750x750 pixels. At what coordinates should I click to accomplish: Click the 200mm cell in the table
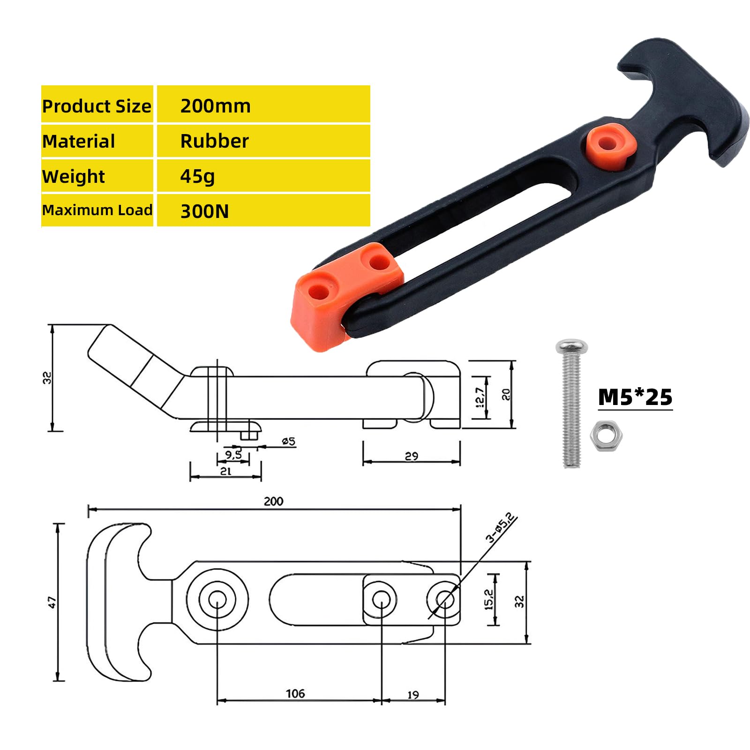click(x=216, y=106)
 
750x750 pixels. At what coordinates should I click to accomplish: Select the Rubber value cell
click(x=215, y=141)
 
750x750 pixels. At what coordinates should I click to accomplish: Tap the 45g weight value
click(x=197, y=176)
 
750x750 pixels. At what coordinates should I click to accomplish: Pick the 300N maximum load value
click(x=204, y=211)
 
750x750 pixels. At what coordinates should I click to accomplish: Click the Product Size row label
click(x=97, y=106)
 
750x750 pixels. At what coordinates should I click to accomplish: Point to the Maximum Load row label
click(x=97, y=210)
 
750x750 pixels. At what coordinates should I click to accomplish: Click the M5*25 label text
click(x=635, y=397)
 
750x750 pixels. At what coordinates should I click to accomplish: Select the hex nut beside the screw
click(x=606, y=436)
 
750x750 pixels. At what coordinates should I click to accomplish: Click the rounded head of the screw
click(x=571, y=347)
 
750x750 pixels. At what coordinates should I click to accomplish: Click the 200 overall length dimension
click(x=273, y=501)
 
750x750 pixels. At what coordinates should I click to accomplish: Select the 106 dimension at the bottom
click(x=295, y=693)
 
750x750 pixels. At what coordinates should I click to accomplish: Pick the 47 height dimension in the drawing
click(x=52, y=602)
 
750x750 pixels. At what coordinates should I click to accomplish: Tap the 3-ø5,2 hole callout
click(x=501, y=528)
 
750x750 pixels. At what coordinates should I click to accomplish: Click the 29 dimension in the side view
click(x=411, y=456)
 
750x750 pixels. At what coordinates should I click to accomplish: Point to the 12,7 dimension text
click(x=480, y=397)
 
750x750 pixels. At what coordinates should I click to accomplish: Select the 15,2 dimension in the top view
click(x=489, y=600)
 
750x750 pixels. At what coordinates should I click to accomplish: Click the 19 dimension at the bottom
click(x=413, y=695)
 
